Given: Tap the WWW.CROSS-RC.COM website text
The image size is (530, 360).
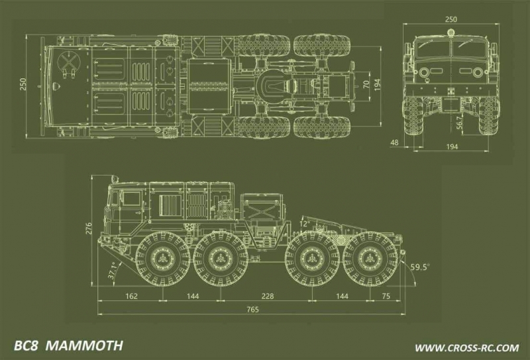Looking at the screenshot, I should pyautogui.click(x=466, y=347).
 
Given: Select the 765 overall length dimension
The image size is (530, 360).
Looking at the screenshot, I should pyautogui.click(x=252, y=310).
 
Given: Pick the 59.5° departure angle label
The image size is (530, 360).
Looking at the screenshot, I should pyautogui.click(x=419, y=267).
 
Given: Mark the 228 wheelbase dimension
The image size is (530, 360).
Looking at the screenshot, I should pyautogui.click(x=267, y=296).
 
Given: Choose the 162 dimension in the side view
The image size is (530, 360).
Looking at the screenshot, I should pyautogui.click(x=131, y=296).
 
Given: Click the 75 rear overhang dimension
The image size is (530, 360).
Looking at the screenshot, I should pyautogui.click(x=385, y=296).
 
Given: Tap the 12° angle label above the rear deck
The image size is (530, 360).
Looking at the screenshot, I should pyautogui.click(x=304, y=223).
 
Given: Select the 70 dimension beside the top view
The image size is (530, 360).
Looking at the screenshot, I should pyautogui.click(x=366, y=84).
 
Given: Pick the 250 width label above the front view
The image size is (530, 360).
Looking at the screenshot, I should pyautogui.click(x=451, y=19).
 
